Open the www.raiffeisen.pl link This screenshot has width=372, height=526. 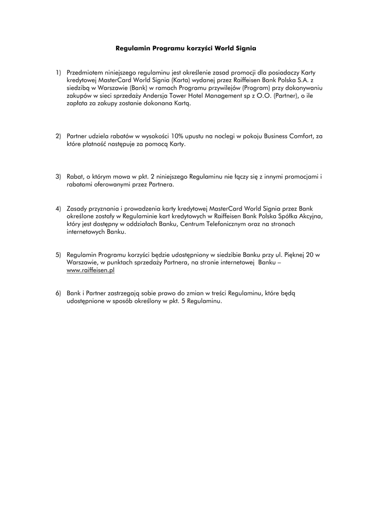(x=90, y=269)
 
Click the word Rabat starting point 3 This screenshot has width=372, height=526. (x=76, y=177)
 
